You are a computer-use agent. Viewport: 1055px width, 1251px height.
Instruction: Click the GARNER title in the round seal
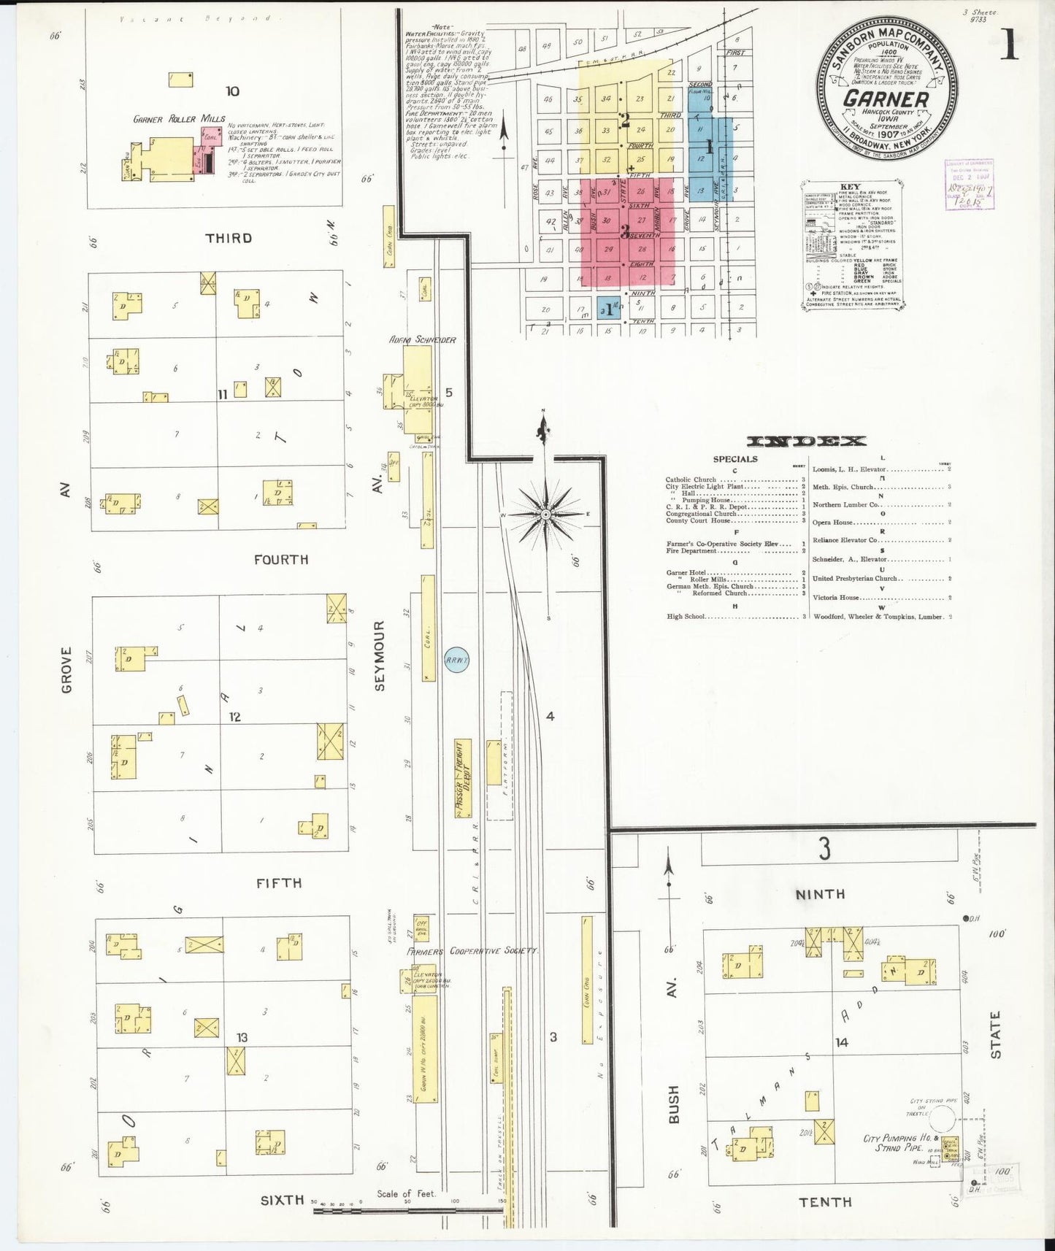coord(886,99)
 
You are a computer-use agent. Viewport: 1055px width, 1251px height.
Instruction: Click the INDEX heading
coord(807,441)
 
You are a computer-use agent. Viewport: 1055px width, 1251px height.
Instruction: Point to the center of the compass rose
coord(545,515)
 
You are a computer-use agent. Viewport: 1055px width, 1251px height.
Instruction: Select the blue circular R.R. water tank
coord(457,661)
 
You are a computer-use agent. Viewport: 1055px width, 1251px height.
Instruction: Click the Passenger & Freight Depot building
coord(463,778)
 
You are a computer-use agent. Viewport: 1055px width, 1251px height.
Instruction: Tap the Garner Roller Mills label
coord(180,119)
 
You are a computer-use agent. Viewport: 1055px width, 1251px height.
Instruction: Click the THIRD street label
coord(229,239)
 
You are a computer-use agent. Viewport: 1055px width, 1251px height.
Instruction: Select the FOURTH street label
coord(281,560)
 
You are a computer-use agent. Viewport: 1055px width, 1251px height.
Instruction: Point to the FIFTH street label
coord(279,883)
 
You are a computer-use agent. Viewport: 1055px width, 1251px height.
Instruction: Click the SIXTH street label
coord(282,1200)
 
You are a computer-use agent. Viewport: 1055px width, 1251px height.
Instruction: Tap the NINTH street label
coord(820,894)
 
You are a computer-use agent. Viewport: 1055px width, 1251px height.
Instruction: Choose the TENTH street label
coord(825,1202)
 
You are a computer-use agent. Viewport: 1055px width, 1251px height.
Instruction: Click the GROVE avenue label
coord(66,669)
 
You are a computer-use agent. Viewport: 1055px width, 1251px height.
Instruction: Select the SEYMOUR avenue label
coord(379,655)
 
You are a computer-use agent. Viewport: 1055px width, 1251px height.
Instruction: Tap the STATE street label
coord(995,1035)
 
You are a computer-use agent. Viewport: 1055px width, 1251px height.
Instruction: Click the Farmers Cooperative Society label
coord(472,951)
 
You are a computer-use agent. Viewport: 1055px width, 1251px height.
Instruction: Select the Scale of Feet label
coord(406,1194)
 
